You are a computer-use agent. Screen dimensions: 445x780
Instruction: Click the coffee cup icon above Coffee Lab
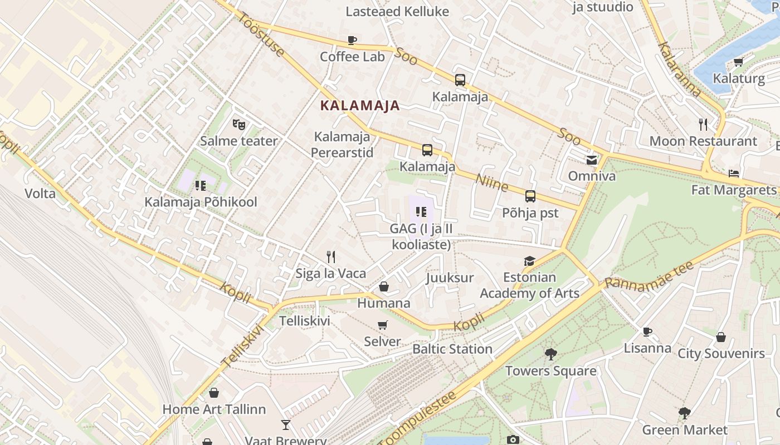(x=352, y=40)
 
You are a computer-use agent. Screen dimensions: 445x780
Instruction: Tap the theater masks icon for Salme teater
(x=239, y=124)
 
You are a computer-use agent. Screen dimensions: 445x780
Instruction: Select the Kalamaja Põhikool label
(x=201, y=202)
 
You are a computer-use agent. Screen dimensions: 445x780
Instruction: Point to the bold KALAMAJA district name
(x=360, y=106)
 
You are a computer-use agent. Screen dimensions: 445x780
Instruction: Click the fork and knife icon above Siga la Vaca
(x=331, y=256)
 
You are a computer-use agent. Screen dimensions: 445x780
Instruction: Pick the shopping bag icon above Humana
(x=384, y=286)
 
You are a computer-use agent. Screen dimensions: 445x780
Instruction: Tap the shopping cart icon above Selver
(x=382, y=325)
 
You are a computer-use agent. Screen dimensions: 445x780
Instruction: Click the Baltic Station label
(x=452, y=349)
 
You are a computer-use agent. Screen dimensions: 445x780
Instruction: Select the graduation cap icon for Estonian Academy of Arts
(x=529, y=261)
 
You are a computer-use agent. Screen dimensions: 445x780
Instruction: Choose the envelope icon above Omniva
(x=592, y=160)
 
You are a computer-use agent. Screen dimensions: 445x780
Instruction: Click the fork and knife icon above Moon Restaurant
(x=703, y=124)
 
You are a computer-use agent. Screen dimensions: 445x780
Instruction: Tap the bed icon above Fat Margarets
(x=734, y=174)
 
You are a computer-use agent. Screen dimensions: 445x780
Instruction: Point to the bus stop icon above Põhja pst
(x=530, y=196)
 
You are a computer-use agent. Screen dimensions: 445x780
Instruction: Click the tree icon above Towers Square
(x=550, y=354)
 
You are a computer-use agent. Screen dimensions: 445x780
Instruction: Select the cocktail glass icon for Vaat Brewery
(x=286, y=425)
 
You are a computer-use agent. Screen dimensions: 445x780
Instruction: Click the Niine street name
(x=492, y=182)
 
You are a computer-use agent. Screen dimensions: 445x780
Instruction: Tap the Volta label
(x=40, y=194)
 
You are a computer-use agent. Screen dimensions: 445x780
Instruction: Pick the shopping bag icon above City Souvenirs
(x=721, y=337)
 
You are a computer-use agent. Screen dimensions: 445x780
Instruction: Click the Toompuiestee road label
(x=417, y=419)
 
